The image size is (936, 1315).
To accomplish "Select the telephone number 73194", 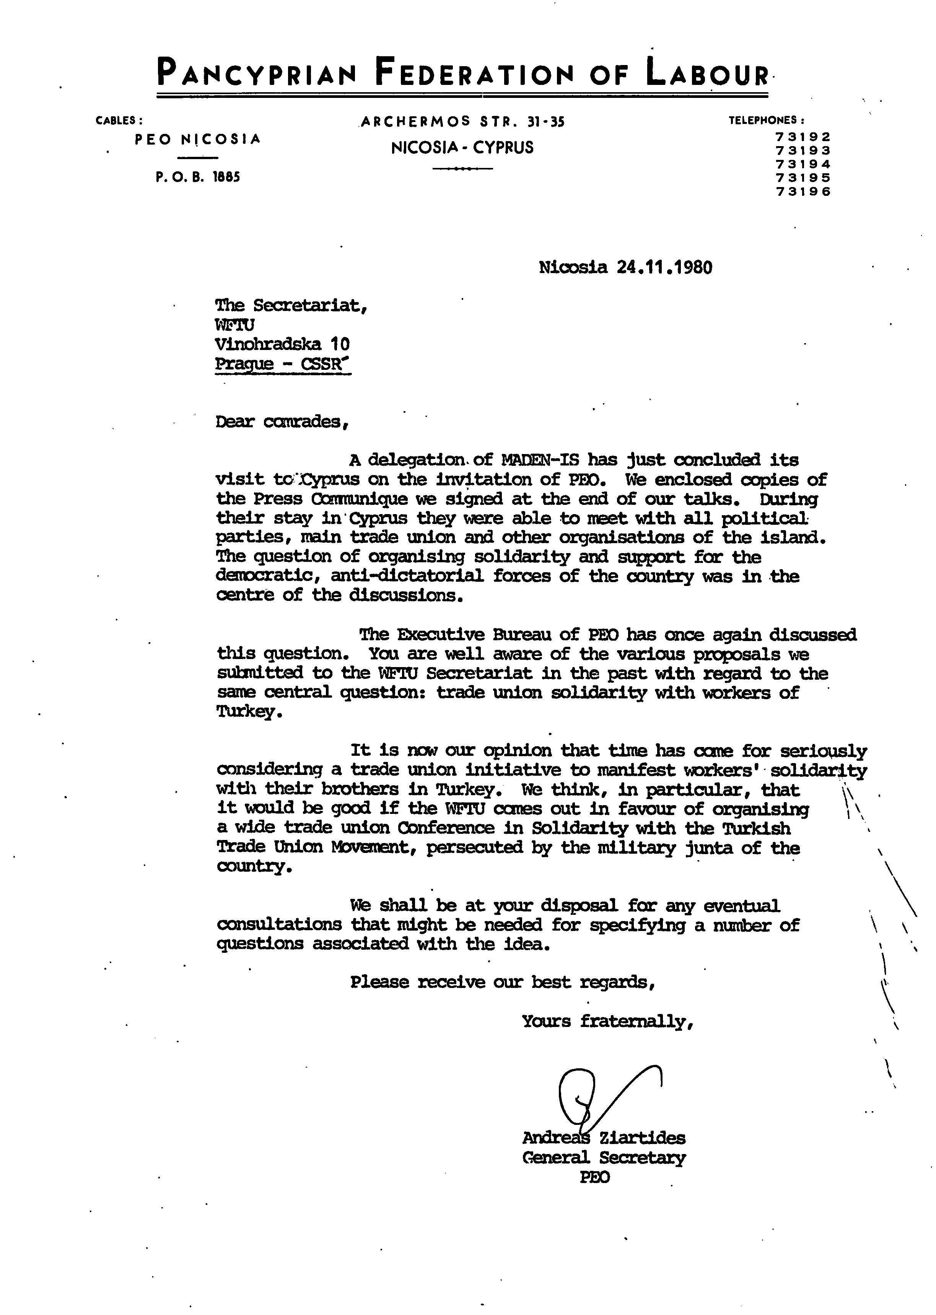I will pos(803,164).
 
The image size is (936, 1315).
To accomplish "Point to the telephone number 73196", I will pos(803,192).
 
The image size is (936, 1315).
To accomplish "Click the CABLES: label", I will pos(119,121).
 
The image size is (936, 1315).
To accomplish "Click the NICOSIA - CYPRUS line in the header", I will pos(462,148).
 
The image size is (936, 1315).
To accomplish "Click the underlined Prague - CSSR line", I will pos(282,364).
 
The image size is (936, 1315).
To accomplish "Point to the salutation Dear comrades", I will pos(282,422).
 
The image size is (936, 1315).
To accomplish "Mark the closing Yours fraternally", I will pos(607,1022).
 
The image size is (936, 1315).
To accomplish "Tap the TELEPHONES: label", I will pos(767,120).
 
